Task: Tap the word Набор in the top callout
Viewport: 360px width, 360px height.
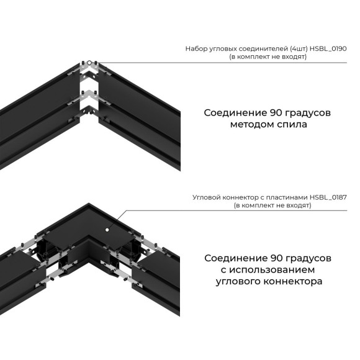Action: click(196, 48)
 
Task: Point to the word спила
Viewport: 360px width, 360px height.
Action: click(293, 124)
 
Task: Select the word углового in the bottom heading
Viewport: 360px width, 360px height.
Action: click(240, 281)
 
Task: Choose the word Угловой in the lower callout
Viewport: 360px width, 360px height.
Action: click(206, 197)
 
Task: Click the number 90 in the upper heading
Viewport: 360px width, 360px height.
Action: click(276, 112)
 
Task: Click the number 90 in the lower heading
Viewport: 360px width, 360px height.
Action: click(276, 258)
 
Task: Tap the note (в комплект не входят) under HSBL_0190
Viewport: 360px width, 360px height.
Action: click(268, 56)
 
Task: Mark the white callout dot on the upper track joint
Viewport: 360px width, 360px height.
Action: click(89, 63)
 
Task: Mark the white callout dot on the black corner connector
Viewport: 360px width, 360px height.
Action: click(107, 229)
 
